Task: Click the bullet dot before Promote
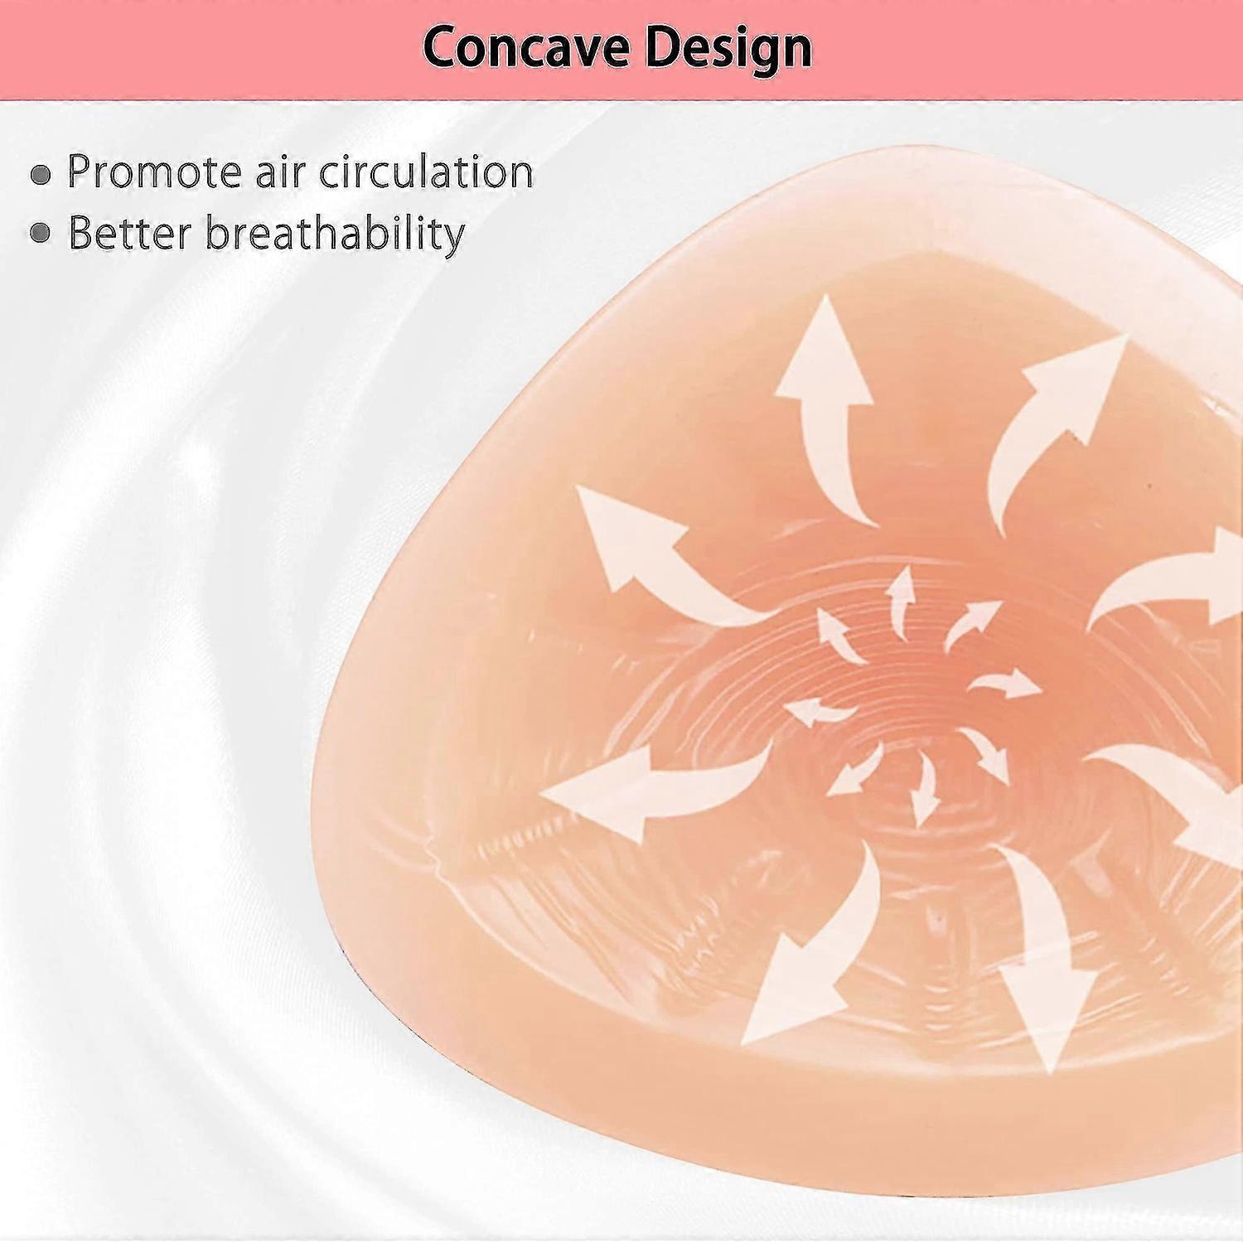[41, 174]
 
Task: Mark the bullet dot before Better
[41, 234]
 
